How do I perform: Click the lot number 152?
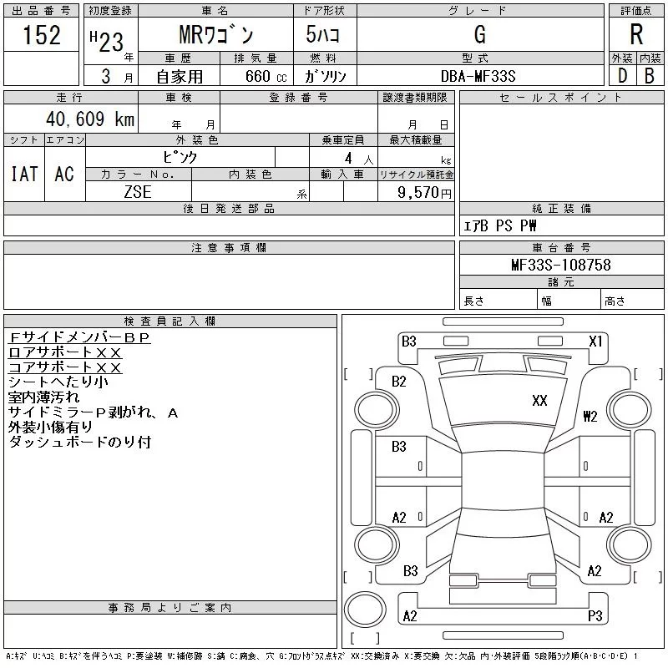tap(41, 34)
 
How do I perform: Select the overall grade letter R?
tap(636, 34)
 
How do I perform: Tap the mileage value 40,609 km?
tap(90, 119)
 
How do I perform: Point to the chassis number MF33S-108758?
tap(561, 265)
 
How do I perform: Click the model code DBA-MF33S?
tap(478, 76)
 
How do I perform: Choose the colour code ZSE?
tap(138, 192)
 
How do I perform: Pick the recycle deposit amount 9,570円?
tap(424, 193)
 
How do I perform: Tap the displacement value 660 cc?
tap(266, 76)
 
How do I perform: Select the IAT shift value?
tap(24, 174)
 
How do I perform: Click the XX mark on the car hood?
tap(539, 401)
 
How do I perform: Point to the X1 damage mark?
tap(595, 342)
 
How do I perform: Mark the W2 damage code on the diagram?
tap(590, 416)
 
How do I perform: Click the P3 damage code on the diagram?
tap(595, 615)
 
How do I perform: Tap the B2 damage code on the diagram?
tap(399, 382)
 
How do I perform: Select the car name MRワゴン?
tap(216, 34)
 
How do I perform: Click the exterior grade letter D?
tap(622, 76)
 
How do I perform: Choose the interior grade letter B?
tap(650, 76)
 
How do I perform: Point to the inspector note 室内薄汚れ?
tap(44, 397)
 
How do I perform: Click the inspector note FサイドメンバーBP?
tap(79, 337)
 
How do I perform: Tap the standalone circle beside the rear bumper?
tap(365, 610)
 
